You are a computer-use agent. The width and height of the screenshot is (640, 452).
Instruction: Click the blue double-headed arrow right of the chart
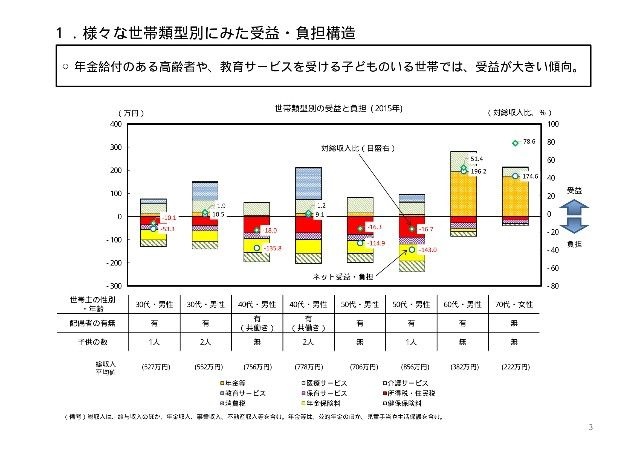click(x=573, y=216)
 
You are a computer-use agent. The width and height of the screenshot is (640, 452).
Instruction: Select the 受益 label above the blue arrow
click(x=574, y=190)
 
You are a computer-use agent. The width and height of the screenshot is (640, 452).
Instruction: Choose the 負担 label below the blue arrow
click(x=574, y=243)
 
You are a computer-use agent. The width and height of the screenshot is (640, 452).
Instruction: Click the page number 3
click(x=592, y=427)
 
